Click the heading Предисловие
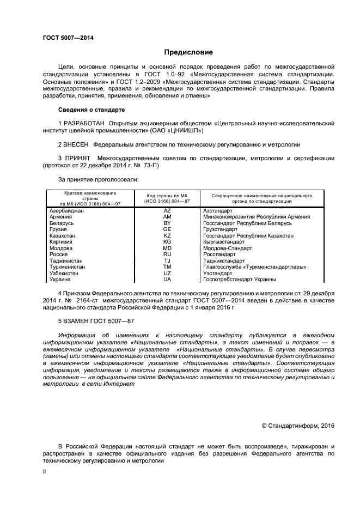(x=181, y=52)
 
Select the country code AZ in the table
(x=167, y=210)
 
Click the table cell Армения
(x=60, y=217)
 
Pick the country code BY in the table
(x=167, y=223)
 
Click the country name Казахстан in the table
(x=62, y=235)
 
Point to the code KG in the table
(x=167, y=242)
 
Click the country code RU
(x=167, y=254)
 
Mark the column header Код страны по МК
(x=167, y=195)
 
